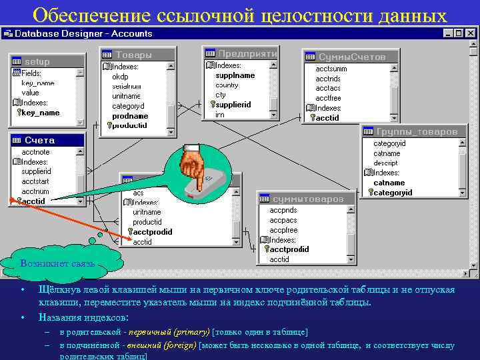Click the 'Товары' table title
pyautogui.click(x=133, y=55)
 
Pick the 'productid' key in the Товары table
pyautogui.click(x=129, y=125)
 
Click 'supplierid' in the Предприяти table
pyautogui.click(x=233, y=105)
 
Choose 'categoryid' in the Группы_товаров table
pyautogui.click(x=393, y=193)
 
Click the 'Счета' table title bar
pyautogui.click(x=40, y=141)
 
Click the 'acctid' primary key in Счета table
pyautogui.click(x=33, y=201)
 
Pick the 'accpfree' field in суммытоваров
pyautogui.click(x=283, y=230)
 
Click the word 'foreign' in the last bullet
pyautogui.click(x=182, y=345)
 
